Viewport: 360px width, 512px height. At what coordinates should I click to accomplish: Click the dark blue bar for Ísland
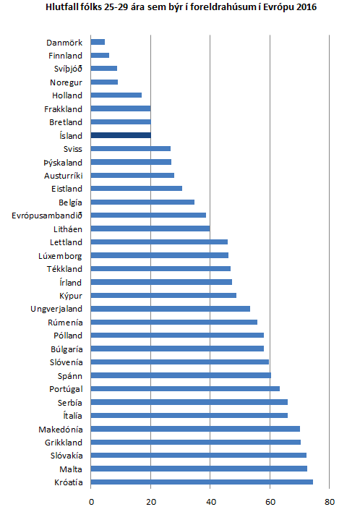[x=121, y=135]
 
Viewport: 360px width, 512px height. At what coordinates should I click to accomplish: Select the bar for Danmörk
[x=98, y=42]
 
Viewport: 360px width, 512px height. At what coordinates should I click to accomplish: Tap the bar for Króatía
[x=202, y=482]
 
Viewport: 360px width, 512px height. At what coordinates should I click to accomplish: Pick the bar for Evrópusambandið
[x=149, y=216]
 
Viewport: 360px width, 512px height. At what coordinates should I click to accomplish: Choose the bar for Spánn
[x=181, y=375]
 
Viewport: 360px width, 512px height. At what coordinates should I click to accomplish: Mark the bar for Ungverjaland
[x=171, y=309]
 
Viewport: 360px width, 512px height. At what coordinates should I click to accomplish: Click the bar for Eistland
[x=137, y=189]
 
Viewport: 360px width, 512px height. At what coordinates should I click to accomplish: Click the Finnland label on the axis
[x=65, y=56]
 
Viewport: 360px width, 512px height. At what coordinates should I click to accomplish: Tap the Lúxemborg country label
[x=60, y=255]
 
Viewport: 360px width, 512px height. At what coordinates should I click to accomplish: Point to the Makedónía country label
[x=60, y=429]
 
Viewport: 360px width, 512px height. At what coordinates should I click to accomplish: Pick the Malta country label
[x=70, y=469]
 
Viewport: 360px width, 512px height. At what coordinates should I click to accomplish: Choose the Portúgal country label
[x=64, y=389]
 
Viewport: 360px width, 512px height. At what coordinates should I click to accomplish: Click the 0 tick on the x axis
[x=92, y=500]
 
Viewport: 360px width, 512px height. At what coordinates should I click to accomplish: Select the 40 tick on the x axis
[x=210, y=500]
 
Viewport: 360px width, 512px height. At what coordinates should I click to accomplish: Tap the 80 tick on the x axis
[x=329, y=500]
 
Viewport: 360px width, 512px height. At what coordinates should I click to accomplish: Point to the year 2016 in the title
[x=306, y=7]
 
